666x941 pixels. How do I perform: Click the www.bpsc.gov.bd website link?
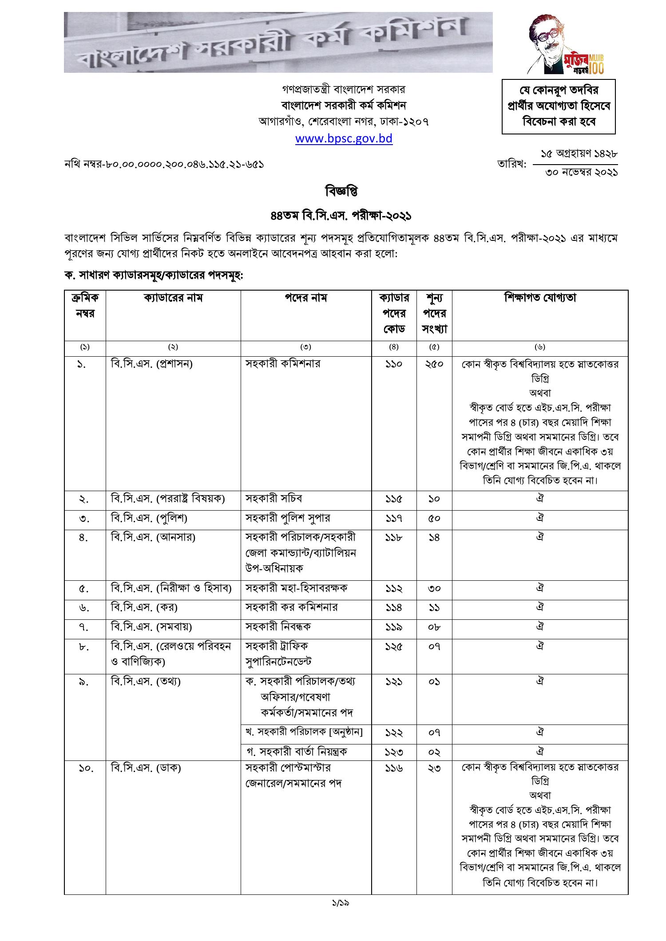click(344, 138)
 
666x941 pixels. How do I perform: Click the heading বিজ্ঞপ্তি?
click(341, 192)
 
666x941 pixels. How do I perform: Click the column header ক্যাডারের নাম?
click(173, 298)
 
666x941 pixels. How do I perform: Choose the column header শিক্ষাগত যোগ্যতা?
click(540, 298)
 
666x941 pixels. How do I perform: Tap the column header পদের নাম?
click(305, 298)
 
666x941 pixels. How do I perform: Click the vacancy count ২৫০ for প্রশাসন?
click(434, 364)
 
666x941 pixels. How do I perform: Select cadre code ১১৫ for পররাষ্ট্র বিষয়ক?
click(393, 499)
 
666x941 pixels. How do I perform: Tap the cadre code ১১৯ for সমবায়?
click(393, 627)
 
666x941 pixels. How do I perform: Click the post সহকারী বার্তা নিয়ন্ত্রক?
click(297, 752)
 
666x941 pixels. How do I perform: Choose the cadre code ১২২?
click(393, 732)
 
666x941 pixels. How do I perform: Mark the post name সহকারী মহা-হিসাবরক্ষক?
click(297, 588)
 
